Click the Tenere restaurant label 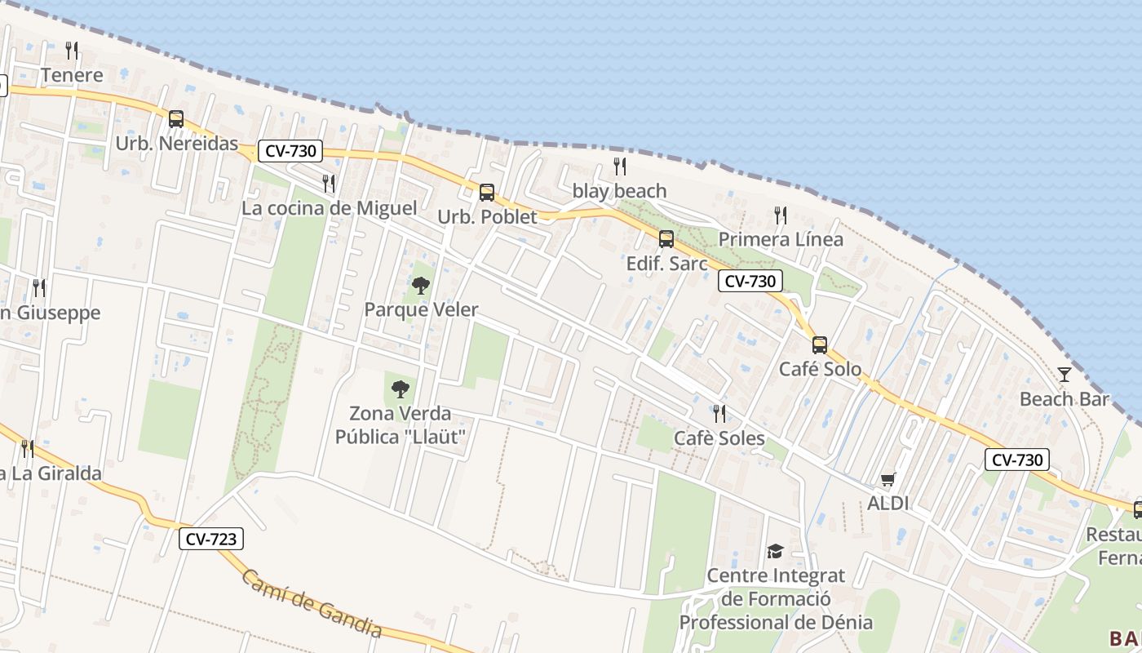(x=72, y=75)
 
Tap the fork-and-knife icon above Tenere (x=72, y=51)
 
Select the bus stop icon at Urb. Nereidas (x=176, y=119)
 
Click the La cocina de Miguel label (x=329, y=208)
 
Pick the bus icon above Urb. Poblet (x=487, y=193)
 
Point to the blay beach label (x=619, y=191)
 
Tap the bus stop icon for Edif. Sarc (x=666, y=239)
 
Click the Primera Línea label (x=781, y=239)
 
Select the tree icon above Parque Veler (x=421, y=286)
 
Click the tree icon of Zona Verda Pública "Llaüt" (x=400, y=389)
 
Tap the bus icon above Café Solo (x=820, y=344)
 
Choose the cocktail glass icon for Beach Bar (x=1065, y=375)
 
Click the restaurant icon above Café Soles (x=719, y=414)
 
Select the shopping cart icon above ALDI (x=887, y=479)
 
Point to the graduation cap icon (x=775, y=551)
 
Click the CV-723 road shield (x=212, y=539)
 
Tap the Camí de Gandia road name (x=312, y=602)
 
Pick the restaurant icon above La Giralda (x=27, y=449)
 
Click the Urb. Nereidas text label (x=176, y=144)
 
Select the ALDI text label (x=887, y=503)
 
